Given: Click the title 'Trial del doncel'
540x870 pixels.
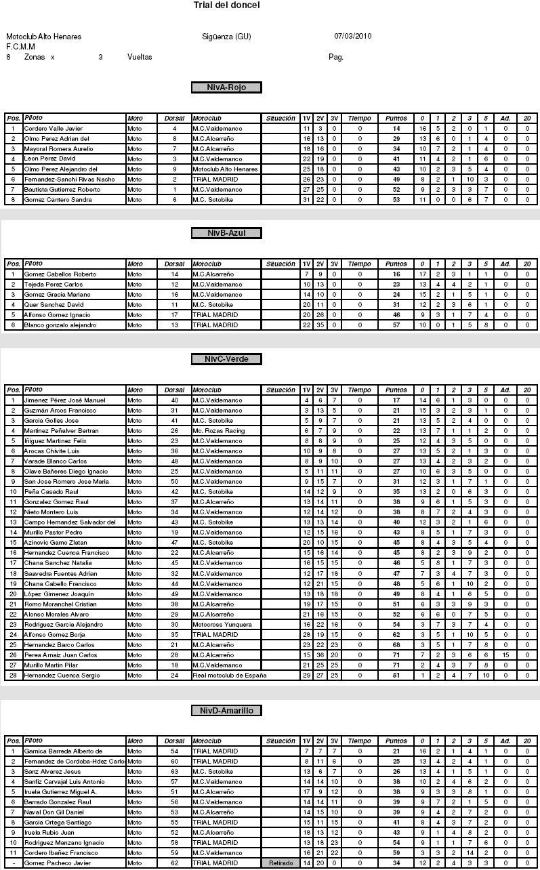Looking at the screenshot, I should click(226, 5).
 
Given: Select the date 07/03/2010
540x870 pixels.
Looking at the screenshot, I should click(353, 37).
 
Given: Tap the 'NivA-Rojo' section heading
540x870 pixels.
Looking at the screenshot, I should click(226, 87).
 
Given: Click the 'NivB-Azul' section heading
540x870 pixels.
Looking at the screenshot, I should click(226, 233).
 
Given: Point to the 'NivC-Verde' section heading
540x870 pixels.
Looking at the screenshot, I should click(226, 359).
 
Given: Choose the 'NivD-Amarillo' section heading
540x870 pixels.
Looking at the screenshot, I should click(226, 711).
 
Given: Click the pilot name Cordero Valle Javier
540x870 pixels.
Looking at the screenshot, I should click(54, 128).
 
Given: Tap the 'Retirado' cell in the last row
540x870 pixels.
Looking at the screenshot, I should click(281, 863).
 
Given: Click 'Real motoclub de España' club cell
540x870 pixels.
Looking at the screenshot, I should click(230, 676).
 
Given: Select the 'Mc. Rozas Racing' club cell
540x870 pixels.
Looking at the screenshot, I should click(217, 431).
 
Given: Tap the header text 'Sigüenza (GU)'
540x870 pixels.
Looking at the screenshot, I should click(226, 37).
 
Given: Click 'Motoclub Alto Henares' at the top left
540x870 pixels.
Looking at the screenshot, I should click(44, 37).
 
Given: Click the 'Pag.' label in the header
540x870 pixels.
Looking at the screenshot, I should click(335, 58).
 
